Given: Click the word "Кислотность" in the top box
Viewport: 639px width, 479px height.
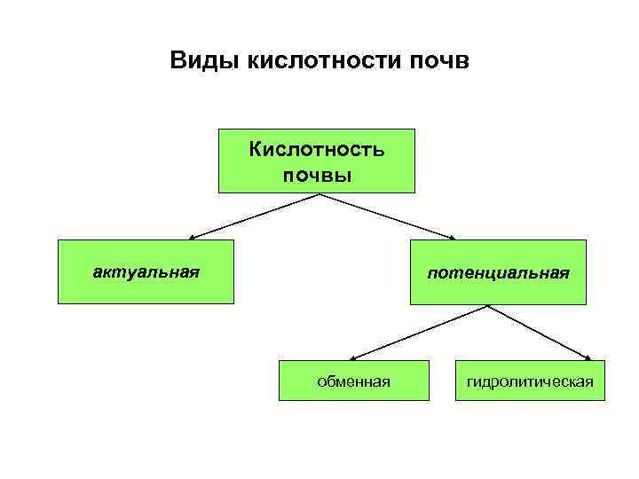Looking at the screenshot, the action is point(317,148).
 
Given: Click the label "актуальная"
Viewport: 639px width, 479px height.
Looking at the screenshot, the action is point(146,271).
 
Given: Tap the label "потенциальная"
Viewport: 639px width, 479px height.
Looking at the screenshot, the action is point(498,273).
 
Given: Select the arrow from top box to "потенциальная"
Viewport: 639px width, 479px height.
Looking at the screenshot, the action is point(386,216).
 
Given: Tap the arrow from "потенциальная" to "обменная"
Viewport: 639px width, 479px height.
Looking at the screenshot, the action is point(417,332).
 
